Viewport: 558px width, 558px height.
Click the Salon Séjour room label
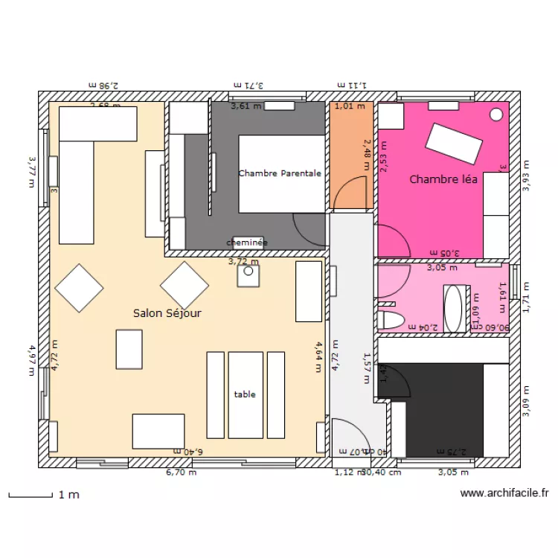(167, 313)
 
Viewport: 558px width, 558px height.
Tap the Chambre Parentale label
(280, 173)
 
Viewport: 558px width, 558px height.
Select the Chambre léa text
(443, 179)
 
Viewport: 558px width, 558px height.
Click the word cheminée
(247, 243)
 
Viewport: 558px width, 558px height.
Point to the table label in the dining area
(245, 394)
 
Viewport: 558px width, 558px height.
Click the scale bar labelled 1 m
(30, 495)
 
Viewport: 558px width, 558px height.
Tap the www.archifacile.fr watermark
(504, 493)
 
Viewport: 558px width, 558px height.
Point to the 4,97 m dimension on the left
(32, 359)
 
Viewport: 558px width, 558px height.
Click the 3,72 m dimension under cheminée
(243, 261)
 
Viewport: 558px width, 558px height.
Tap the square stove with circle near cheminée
(248, 275)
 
